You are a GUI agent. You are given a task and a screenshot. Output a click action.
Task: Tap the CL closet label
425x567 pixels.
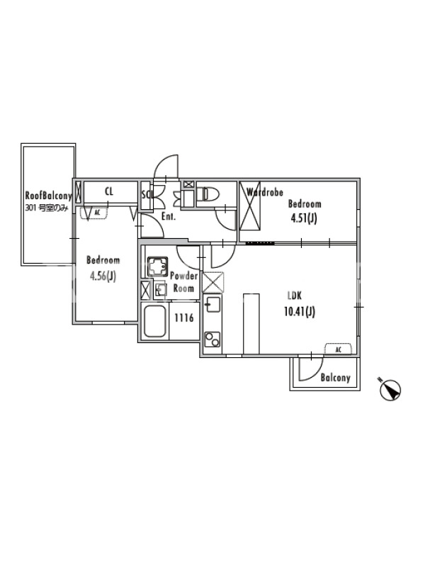110,191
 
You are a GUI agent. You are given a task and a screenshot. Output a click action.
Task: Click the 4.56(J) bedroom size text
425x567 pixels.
103,277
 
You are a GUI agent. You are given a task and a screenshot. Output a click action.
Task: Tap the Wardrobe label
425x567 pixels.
264,192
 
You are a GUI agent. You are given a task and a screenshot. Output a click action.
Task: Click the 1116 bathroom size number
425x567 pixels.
184,318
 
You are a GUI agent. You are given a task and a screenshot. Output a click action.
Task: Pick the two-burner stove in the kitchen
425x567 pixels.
212,339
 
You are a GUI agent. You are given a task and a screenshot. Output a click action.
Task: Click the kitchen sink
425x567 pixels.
212,307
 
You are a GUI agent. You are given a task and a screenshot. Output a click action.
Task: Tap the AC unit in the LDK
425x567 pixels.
339,349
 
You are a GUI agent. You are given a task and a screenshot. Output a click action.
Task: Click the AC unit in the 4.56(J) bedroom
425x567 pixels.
95,212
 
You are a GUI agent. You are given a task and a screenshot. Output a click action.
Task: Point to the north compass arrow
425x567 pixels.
390,389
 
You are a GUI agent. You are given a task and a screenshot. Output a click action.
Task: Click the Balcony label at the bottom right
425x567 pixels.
335,378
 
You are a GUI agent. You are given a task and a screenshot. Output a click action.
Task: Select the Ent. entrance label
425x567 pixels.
168,217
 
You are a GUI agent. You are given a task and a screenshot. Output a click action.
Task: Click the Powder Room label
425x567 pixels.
183,282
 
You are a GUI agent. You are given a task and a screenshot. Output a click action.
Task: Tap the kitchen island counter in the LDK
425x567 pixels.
251,322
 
